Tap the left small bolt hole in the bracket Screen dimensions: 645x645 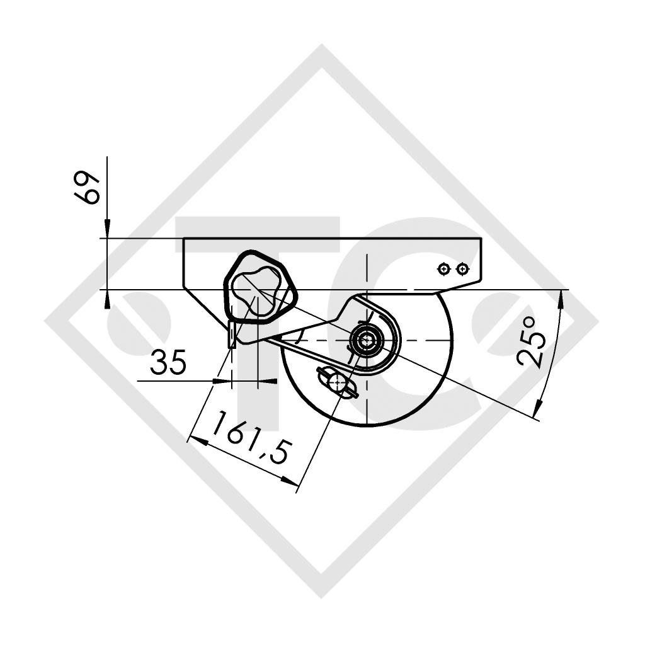click(445, 269)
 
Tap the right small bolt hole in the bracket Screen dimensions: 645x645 click(463, 269)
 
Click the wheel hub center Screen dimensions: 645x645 click(365, 341)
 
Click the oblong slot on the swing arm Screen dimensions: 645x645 click(339, 382)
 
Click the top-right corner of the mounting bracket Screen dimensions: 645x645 click(481, 239)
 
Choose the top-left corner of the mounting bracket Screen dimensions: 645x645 click(184, 239)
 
